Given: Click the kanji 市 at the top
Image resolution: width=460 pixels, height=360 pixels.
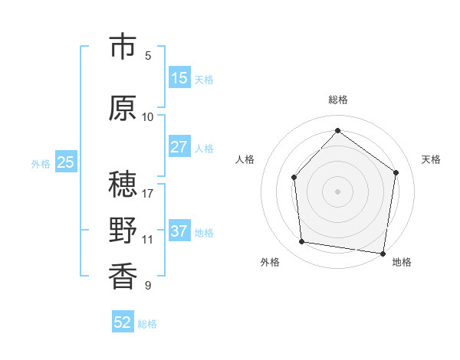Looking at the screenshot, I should pyautogui.click(x=123, y=47).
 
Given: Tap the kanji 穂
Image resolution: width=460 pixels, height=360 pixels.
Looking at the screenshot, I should pyautogui.click(x=123, y=185).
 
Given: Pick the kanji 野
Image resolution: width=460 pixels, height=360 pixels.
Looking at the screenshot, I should pyautogui.click(x=123, y=231).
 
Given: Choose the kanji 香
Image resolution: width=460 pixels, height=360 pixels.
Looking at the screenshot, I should pyautogui.click(x=123, y=277).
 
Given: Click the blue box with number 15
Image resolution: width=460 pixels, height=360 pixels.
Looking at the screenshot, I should pyautogui.click(x=179, y=78).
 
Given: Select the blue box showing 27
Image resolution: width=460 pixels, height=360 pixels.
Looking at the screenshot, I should pyautogui.click(x=179, y=147).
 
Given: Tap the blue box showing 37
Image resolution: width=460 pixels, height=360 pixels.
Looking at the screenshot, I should pyautogui.click(x=179, y=231).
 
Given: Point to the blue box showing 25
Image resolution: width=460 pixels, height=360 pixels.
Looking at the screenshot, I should pyautogui.click(x=66, y=162).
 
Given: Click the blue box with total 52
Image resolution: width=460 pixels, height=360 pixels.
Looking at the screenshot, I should pyautogui.click(x=123, y=322).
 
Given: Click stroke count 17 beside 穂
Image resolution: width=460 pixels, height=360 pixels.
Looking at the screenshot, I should pyautogui.click(x=148, y=193).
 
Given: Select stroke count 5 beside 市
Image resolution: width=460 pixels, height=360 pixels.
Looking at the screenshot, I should pyautogui.click(x=148, y=55).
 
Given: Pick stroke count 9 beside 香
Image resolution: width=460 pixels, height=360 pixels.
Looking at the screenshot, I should pyautogui.click(x=148, y=286).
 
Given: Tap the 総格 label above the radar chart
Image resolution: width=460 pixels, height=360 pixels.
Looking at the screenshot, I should pyautogui.click(x=337, y=100).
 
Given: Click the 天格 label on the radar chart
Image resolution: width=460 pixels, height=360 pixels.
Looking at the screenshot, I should pyautogui.click(x=431, y=159).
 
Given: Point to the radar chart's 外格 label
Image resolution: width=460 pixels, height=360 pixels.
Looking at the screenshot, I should pyautogui.click(x=270, y=262).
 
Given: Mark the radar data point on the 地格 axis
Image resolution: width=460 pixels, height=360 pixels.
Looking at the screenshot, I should pyautogui.click(x=383, y=253).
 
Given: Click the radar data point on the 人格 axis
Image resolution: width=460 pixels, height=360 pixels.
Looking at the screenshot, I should pyautogui.click(x=294, y=178).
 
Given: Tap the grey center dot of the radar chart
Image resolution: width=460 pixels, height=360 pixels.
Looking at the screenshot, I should pyautogui.click(x=337, y=191).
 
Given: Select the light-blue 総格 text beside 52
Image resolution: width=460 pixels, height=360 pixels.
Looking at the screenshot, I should pyautogui.click(x=147, y=324).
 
